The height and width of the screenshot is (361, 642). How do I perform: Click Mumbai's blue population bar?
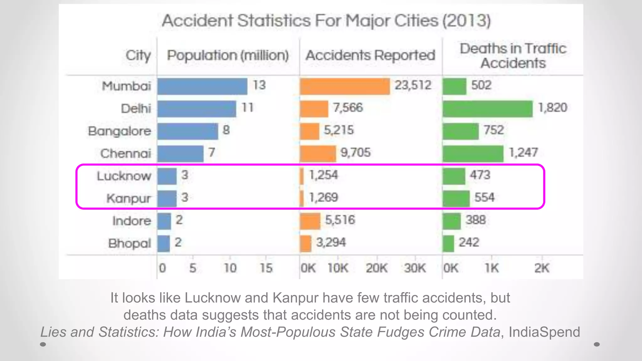(x=202, y=86)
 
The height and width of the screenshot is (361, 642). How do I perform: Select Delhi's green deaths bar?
(x=487, y=109)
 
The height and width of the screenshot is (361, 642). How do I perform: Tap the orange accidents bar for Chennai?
(x=318, y=154)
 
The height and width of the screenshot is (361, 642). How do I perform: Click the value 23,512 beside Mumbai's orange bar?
(x=413, y=85)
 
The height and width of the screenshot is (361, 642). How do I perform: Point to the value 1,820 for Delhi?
(x=552, y=108)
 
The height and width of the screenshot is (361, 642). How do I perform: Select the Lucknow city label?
(x=124, y=176)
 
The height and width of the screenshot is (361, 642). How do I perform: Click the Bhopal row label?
(x=129, y=243)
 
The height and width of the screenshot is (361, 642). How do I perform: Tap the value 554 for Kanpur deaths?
(x=484, y=197)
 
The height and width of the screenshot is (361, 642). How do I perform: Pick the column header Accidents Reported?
(x=370, y=55)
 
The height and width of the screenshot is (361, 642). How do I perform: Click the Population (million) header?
(x=228, y=55)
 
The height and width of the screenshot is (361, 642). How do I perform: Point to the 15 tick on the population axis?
(x=266, y=268)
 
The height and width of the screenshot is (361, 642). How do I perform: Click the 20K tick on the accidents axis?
(x=376, y=268)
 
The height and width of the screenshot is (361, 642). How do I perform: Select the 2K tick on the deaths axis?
(x=542, y=268)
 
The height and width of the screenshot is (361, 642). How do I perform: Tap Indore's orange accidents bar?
(x=310, y=221)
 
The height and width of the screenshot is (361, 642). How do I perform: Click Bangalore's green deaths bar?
(x=460, y=131)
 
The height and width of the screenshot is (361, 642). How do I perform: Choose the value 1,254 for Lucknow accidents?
(x=324, y=175)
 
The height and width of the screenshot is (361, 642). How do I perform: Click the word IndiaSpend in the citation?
(x=544, y=332)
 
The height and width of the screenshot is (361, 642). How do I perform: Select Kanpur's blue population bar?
(x=167, y=199)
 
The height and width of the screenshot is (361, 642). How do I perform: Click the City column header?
(x=138, y=55)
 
